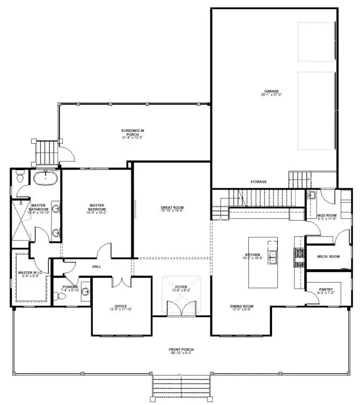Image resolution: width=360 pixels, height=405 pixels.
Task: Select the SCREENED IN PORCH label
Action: [x=131, y=132]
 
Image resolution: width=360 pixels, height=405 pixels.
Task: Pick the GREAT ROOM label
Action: [x=172, y=208]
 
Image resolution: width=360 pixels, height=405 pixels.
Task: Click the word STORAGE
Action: [x=258, y=182]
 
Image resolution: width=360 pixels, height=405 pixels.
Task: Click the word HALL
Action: [x=96, y=267]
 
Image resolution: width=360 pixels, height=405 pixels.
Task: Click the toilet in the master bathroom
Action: [x=20, y=175]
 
